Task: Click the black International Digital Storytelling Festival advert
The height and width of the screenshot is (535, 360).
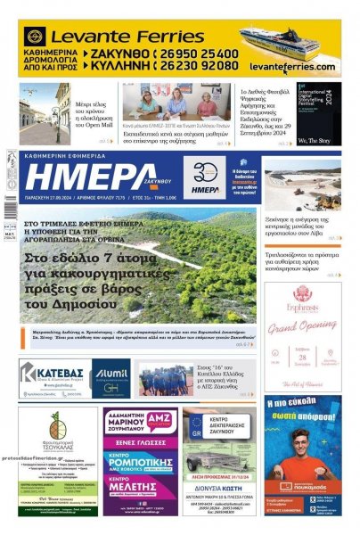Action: [318, 114]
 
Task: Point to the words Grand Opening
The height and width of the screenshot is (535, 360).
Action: [302, 326]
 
